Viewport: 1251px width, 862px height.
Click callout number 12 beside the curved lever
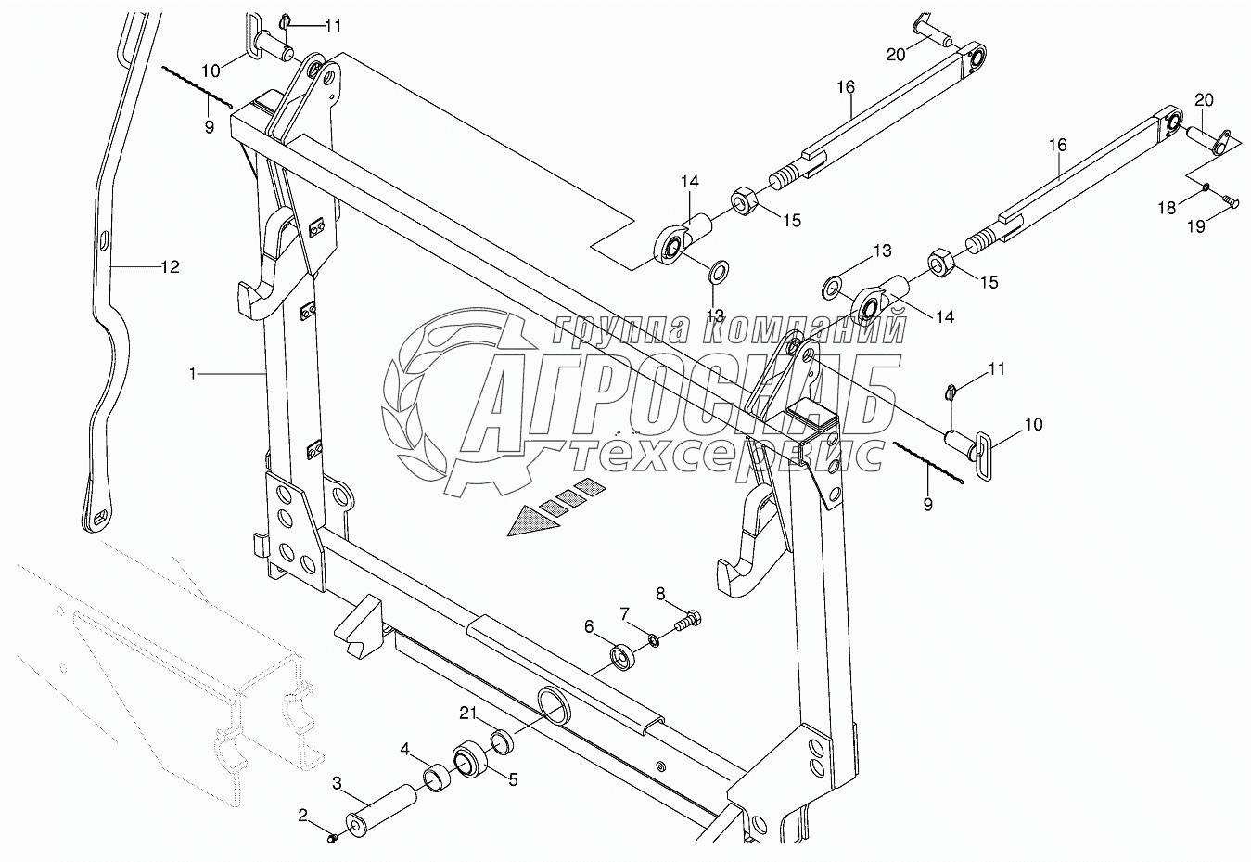[170, 267]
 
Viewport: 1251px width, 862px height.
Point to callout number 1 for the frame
[192, 373]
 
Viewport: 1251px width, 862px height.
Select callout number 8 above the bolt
[660, 593]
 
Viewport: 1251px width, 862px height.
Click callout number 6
[589, 627]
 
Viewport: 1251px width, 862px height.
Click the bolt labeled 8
[687, 621]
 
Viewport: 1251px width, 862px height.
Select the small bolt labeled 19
[1224, 199]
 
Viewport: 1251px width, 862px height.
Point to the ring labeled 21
[502, 740]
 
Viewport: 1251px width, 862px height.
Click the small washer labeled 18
[1204, 188]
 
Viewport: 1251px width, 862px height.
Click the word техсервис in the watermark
[723, 454]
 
